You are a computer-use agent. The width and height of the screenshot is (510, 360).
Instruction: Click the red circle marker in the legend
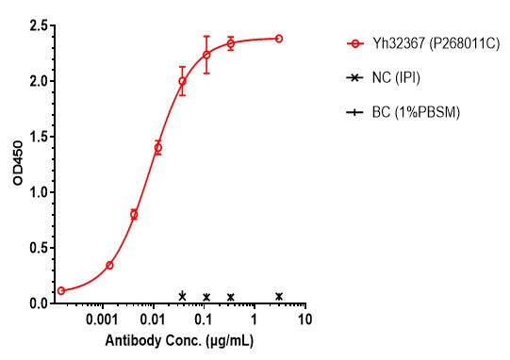click(x=354, y=42)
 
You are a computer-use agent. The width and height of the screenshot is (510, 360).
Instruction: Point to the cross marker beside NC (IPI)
click(x=354, y=78)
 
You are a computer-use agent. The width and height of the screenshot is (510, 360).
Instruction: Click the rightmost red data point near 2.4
click(x=279, y=39)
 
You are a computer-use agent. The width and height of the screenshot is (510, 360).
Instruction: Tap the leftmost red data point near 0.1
click(x=61, y=290)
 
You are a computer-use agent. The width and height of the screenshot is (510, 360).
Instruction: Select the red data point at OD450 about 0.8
click(x=134, y=215)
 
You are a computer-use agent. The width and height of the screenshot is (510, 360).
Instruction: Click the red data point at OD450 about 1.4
click(x=157, y=147)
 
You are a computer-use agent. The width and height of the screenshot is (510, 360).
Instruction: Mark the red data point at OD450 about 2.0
click(x=182, y=81)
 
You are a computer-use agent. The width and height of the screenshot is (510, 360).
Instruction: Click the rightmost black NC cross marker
click(x=279, y=296)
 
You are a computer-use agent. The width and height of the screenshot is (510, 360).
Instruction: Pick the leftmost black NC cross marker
click(x=182, y=296)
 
